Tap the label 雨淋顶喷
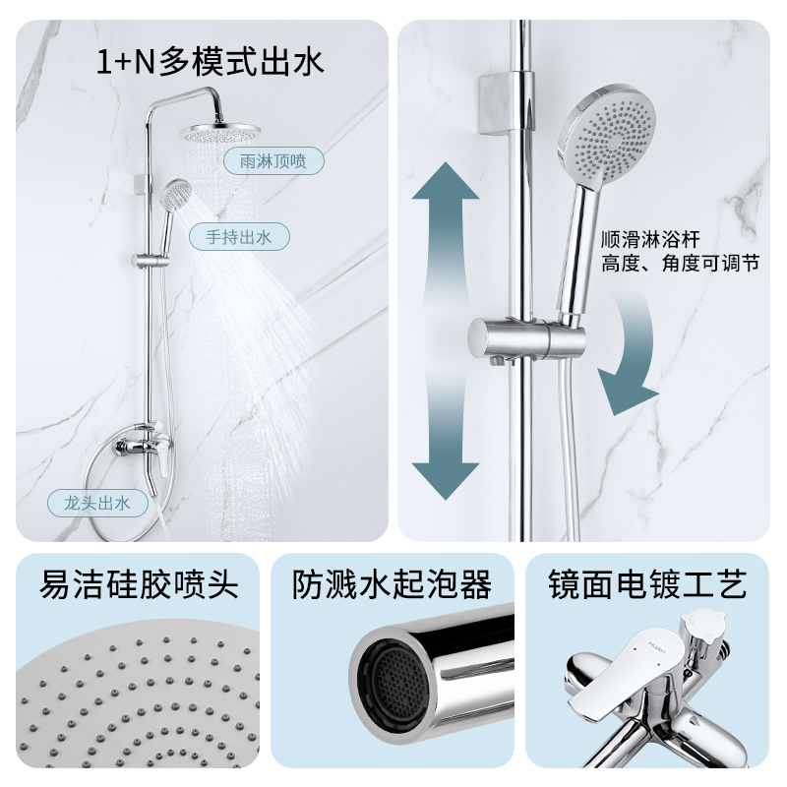pos(259,160)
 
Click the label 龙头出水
pos(97,504)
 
